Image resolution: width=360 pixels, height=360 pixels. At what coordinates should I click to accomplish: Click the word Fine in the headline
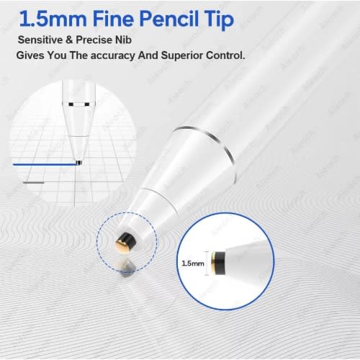113,19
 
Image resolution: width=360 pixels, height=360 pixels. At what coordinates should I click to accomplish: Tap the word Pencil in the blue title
169,19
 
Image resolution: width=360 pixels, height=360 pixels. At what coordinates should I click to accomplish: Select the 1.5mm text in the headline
53,19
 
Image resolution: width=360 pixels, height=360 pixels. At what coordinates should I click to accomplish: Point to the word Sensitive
40,40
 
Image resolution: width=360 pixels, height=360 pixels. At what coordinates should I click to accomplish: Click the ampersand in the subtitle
69,40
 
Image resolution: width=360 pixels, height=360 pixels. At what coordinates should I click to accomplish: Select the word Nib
123,40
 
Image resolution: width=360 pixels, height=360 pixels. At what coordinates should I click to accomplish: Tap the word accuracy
112,56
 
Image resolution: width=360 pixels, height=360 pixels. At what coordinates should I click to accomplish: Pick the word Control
225,55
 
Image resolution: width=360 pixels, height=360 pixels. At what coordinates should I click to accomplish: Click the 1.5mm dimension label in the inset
193,264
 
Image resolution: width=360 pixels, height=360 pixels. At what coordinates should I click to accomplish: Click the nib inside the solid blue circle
218,263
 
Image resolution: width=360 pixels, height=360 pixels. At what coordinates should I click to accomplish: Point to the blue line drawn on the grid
45,164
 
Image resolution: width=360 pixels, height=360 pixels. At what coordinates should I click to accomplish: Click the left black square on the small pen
71,104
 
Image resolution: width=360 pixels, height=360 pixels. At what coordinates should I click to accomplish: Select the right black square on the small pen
87,104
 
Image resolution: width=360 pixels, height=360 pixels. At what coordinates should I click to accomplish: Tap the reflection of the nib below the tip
126,267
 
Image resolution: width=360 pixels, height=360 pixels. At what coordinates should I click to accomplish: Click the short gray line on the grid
34,183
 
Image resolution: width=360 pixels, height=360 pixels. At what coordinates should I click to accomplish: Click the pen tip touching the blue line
79,163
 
